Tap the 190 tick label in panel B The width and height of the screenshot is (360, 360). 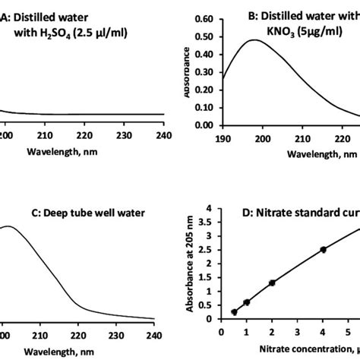222,138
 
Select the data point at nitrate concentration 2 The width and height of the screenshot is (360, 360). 272,283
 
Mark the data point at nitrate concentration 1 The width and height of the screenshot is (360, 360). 246,302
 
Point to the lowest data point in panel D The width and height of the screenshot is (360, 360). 234,311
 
